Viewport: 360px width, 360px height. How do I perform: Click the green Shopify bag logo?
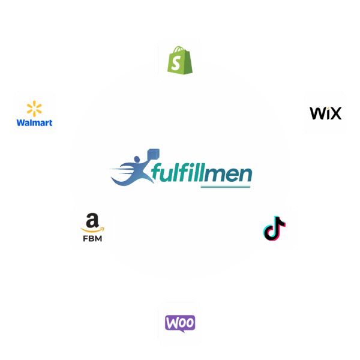pyautogui.click(x=180, y=61)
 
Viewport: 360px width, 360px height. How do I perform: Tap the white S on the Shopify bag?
pyautogui.click(x=178, y=62)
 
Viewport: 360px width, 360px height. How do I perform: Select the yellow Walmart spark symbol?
pyautogui.click(x=34, y=109)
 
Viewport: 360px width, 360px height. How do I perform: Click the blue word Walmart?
pyautogui.click(x=34, y=123)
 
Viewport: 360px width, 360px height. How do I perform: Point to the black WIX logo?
pyautogui.click(x=325, y=113)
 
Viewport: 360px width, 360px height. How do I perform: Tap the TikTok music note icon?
pyautogui.click(x=274, y=229)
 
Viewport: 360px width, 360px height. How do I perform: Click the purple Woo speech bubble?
pyautogui.click(x=180, y=323)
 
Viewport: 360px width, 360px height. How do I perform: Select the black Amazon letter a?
pyautogui.click(x=92, y=220)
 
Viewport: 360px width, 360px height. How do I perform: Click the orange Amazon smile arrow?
pyautogui.click(x=92, y=229)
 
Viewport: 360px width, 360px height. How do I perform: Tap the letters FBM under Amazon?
pyautogui.click(x=92, y=238)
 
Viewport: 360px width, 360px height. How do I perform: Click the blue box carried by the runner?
pyautogui.click(x=152, y=155)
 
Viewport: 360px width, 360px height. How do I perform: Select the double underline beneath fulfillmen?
pyautogui.click(x=225, y=187)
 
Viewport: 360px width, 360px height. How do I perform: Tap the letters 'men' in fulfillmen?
pyautogui.click(x=234, y=174)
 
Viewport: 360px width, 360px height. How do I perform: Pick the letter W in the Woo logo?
pyautogui.click(x=172, y=323)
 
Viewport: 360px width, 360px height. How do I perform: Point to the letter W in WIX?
pyautogui.click(x=316, y=113)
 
